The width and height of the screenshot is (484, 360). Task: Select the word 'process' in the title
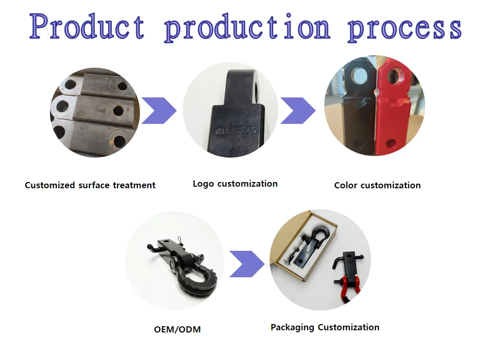[404, 28]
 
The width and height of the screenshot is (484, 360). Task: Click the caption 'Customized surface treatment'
[90, 185]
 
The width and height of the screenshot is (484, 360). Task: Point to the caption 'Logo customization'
[235, 184]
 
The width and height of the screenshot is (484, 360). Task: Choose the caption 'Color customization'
[377, 185]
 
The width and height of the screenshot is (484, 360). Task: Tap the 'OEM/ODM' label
[177, 329]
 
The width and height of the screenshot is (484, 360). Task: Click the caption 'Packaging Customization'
[325, 327]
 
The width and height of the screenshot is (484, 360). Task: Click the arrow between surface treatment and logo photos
[159, 110]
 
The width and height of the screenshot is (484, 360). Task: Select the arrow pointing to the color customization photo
[298, 110]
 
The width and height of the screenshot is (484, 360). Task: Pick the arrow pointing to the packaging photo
[247, 264]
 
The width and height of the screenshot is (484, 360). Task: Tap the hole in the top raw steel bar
[123, 85]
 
